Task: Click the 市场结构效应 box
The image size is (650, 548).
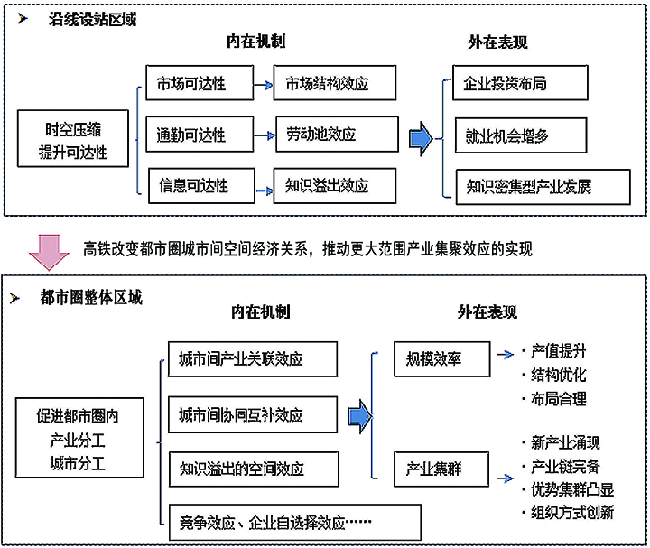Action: coord(334,84)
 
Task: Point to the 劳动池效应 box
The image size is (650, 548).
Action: coord(334,135)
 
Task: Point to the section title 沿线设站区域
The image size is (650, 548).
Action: coord(91,19)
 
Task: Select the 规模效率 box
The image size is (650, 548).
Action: coord(441,358)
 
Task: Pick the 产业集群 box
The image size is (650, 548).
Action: coord(441,467)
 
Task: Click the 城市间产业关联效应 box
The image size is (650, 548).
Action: coord(252,358)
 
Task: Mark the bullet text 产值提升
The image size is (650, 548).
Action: coord(560,351)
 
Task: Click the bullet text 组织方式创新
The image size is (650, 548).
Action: coord(572,512)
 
